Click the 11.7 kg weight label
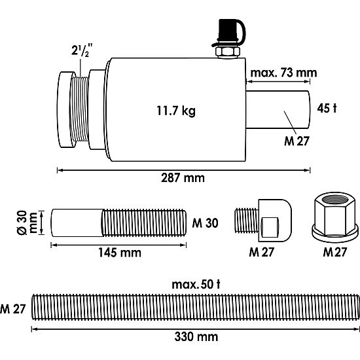[176, 111]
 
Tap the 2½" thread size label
[82, 50]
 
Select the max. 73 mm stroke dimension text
[283, 73]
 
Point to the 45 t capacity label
[327, 108]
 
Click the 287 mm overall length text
[183, 178]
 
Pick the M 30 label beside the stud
[205, 223]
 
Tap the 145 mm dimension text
[120, 253]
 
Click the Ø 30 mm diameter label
[27, 223]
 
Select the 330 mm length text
[196, 337]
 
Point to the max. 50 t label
[196, 285]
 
